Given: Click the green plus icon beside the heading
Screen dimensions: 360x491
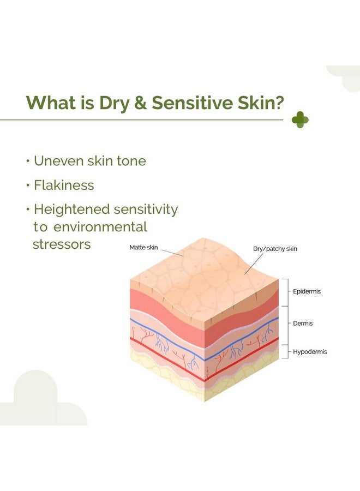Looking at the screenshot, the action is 300,119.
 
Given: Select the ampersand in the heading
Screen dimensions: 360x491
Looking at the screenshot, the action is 141,103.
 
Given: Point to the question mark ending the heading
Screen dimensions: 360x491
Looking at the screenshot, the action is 278,103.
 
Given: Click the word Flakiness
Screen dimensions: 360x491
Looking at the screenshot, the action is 64,185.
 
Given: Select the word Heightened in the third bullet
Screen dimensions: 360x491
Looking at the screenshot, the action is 71,209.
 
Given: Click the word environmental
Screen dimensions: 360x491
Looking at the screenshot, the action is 100,227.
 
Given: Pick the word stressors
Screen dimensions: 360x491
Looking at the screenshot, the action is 62,244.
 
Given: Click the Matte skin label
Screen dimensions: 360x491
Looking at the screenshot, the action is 143,247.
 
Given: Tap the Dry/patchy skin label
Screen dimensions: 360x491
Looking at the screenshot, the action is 275,249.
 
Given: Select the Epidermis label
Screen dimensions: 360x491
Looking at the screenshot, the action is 307,291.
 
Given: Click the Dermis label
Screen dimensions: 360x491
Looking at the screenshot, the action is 303,323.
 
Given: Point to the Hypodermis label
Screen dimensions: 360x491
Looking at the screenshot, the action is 310,352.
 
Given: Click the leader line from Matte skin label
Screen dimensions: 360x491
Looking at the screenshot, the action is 172,253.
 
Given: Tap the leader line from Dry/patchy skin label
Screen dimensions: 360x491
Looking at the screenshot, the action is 254,264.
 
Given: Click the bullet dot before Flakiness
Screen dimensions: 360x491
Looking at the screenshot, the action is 28,185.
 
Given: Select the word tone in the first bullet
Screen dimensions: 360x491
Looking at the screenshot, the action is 131,161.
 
